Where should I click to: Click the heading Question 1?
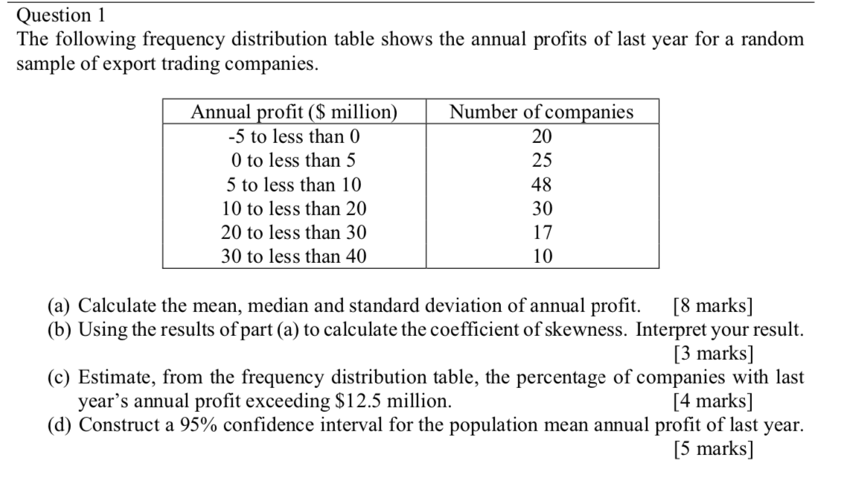(x=60, y=16)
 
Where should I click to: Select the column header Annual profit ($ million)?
(x=294, y=112)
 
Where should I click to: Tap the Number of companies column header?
(x=541, y=112)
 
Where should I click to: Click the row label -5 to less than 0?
(x=294, y=136)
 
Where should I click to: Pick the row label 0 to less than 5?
(x=293, y=160)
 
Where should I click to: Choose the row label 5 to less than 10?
(x=294, y=185)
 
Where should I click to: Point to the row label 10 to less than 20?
(x=294, y=209)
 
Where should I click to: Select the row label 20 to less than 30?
(x=294, y=232)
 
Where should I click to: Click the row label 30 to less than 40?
(x=294, y=256)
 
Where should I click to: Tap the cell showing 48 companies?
(x=542, y=184)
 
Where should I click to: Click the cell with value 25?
(x=542, y=160)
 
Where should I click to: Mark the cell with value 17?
(x=543, y=232)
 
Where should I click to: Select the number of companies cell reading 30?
(x=542, y=209)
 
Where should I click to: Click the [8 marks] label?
(x=713, y=305)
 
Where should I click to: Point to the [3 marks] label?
(x=713, y=353)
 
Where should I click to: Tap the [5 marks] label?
(x=713, y=448)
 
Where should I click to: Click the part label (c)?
(x=59, y=378)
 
